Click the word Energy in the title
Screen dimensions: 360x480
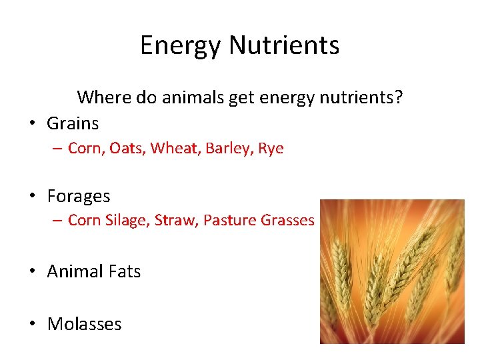(x=181, y=46)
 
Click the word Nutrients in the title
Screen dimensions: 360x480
(x=284, y=46)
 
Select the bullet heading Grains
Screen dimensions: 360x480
(x=73, y=123)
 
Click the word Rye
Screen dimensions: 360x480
(x=270, y=149)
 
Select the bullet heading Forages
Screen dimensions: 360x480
(x=79, y=197)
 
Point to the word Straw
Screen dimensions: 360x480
(x=175, y=221)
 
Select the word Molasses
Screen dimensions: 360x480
(x=84, y=325)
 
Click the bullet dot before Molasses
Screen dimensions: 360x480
(x=32, y=325)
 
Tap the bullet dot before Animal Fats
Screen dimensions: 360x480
(x=32, y=271)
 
